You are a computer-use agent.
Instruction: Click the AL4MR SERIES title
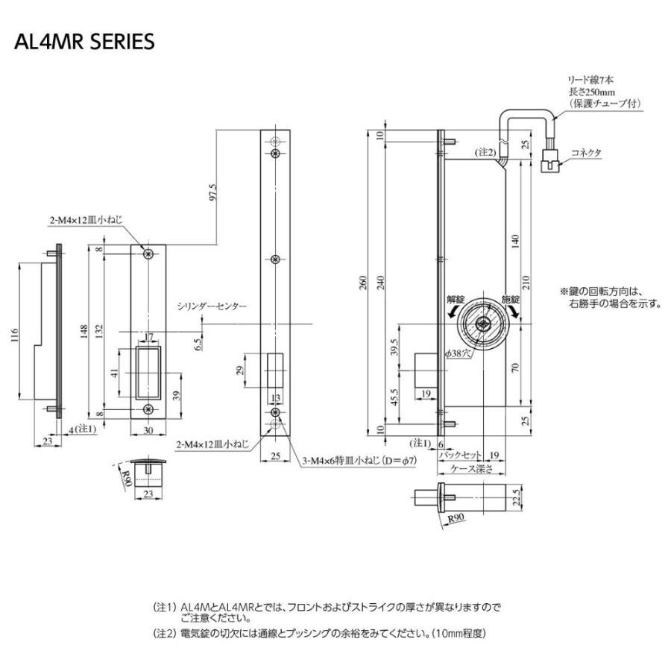pos(84,42)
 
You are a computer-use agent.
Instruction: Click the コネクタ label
pos(586,151)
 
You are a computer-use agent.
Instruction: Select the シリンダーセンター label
pos(212,306)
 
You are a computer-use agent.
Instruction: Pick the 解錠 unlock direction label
pos(455,298)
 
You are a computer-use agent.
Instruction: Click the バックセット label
pos(459,454)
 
